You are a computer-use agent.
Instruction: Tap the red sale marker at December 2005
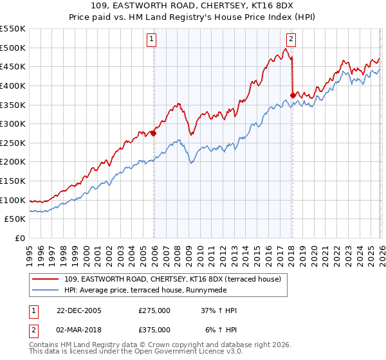154,134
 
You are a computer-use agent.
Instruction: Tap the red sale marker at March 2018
293,95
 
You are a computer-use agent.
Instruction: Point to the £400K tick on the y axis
14,85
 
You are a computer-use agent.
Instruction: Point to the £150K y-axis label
14,181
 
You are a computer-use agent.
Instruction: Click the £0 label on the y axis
20,239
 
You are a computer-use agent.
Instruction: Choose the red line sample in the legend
45,279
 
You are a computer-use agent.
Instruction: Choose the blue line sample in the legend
45,290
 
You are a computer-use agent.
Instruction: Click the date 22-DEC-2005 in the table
77,310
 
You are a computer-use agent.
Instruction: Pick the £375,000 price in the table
154,330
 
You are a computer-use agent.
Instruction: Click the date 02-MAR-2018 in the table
77,330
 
